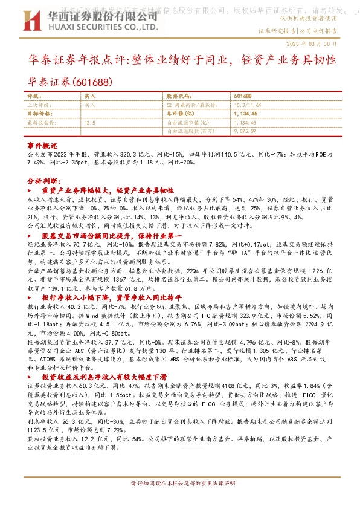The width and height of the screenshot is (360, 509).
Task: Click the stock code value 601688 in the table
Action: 243,96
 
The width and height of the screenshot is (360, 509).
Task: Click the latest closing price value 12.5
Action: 90,122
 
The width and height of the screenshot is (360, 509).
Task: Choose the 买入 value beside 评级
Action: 90,96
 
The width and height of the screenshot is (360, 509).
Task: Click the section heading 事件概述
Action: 42,146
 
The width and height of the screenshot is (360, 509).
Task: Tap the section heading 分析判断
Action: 45,180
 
